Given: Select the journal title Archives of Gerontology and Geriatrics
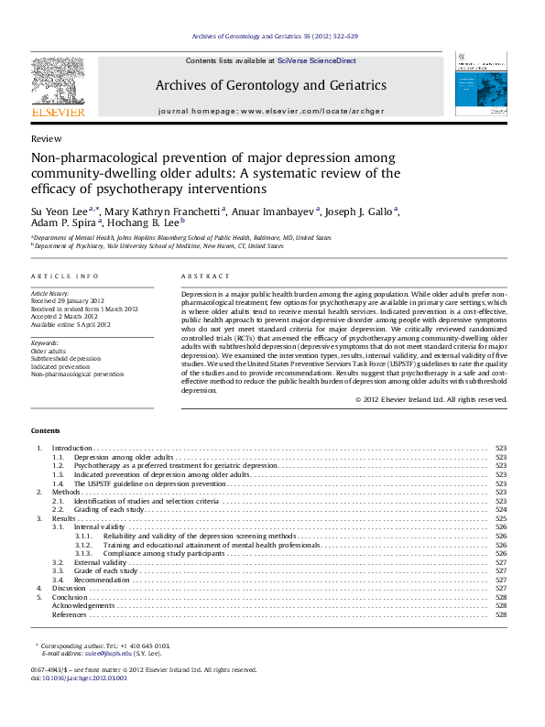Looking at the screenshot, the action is click(x=270, y=85).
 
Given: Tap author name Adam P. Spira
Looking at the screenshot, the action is click(x=63, y=222).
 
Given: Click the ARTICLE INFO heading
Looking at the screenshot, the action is click(x=64, y=276).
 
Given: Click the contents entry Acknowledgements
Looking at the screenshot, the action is click(x=83, y=605).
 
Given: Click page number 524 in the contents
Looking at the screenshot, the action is click(x=500, y=510).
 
